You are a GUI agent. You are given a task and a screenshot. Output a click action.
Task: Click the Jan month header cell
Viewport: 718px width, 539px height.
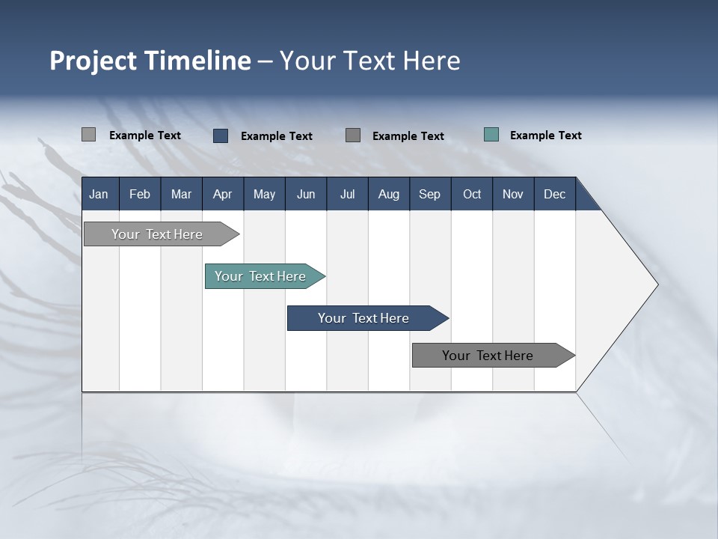(99, 194)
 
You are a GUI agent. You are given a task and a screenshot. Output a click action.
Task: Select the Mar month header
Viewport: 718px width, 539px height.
(181, 194)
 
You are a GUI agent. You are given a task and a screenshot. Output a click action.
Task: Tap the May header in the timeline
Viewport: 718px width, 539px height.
(264, 194)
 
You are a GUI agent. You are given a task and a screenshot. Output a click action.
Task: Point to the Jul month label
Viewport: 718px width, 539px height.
(347, 194)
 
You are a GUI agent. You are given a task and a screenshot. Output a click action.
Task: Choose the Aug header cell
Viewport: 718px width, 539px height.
(388, 194)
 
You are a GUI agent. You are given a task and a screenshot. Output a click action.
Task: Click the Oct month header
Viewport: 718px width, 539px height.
(472, 194)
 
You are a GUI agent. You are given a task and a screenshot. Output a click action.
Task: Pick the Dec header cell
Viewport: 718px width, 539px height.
(554, 194)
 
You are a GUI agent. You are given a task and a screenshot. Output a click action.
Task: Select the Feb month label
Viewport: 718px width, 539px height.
(140, 194)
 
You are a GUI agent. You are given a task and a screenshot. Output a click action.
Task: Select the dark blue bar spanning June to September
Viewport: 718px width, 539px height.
(364, 318)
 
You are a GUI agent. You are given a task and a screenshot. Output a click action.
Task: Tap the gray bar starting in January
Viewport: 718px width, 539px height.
(158, 234)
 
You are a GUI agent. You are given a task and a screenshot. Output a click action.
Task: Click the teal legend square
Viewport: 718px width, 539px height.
(491, 135)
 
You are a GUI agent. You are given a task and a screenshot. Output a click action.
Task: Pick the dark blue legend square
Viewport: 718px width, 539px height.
(221, 135)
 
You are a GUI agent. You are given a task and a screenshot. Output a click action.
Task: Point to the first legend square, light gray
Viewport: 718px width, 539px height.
(88, 135)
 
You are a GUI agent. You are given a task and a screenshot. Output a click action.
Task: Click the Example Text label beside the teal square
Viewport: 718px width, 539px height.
(545, 135)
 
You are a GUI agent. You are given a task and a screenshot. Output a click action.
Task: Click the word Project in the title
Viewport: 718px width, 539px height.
(93, 61)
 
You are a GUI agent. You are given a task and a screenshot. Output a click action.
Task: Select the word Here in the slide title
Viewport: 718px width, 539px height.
(432, 61)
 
